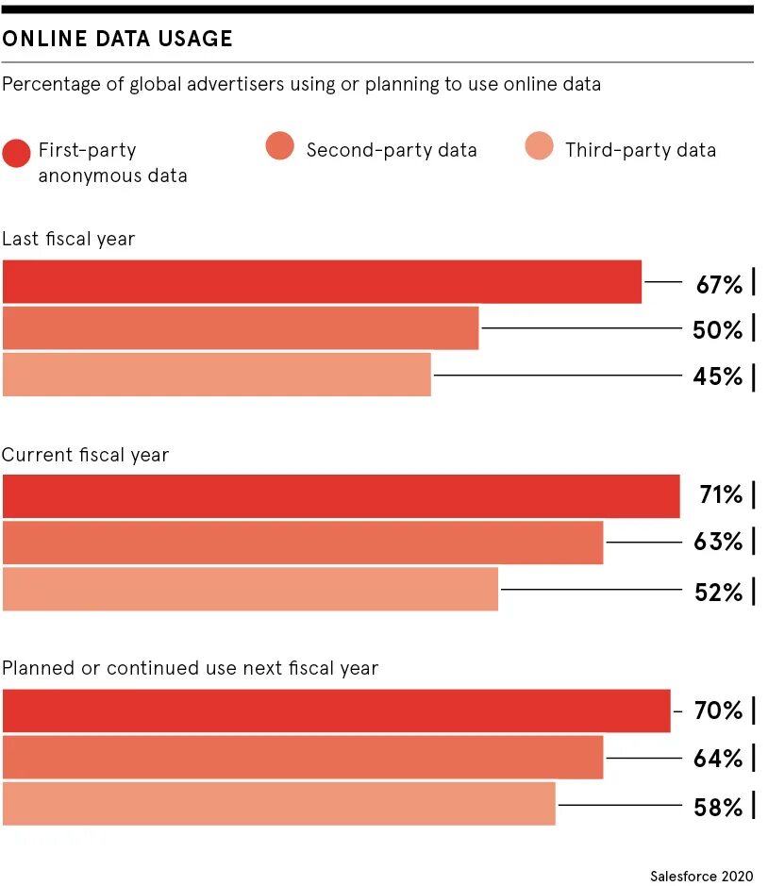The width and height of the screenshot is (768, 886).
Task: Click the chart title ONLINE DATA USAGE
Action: click(117, 39)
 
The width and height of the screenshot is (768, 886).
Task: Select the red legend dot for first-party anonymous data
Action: click(17, 152)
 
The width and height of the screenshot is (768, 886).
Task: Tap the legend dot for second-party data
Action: click(280, 146)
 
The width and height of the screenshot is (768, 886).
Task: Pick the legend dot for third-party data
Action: click(539, 146)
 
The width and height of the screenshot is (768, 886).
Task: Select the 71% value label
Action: click(720, 494)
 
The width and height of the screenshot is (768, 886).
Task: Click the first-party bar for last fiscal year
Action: click(321, 282)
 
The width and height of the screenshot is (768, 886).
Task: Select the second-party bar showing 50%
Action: click(240, 328)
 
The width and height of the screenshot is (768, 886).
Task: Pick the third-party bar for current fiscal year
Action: click(250, 590)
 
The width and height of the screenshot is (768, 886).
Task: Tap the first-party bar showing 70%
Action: click(335, 710)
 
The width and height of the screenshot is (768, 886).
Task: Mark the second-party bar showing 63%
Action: click(302, 543)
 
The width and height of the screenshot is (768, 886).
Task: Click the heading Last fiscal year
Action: click(68, 239)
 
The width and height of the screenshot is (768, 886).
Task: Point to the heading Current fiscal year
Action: click(85, 455)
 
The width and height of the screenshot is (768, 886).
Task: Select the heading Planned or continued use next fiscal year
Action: click(190, 669)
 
